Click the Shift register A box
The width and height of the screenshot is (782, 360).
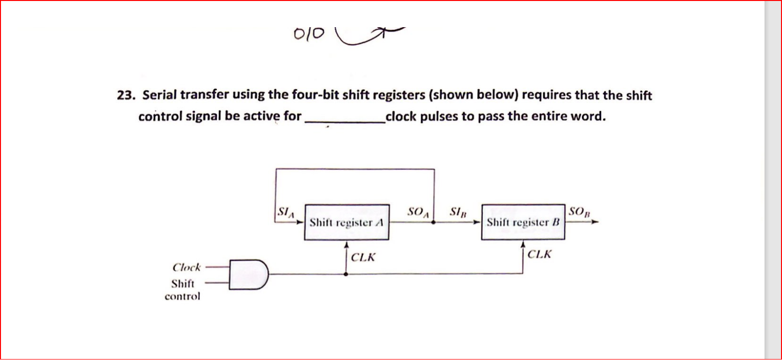[x=346, y=222]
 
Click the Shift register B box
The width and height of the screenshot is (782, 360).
[x=523, y=222]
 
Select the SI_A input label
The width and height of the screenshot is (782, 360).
[x=285, y=212]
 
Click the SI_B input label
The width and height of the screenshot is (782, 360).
[x=458, y=212]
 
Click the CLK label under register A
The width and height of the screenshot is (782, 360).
[x=363, y=257]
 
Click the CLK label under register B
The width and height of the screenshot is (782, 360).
[x=539, y=254]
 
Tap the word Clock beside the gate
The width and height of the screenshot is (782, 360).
[x=186, y=267]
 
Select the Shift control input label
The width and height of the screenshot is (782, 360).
[x=182, y=290]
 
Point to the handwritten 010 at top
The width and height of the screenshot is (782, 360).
[x=309, y=34]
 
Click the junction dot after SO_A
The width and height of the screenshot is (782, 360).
[x=434, y=222]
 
